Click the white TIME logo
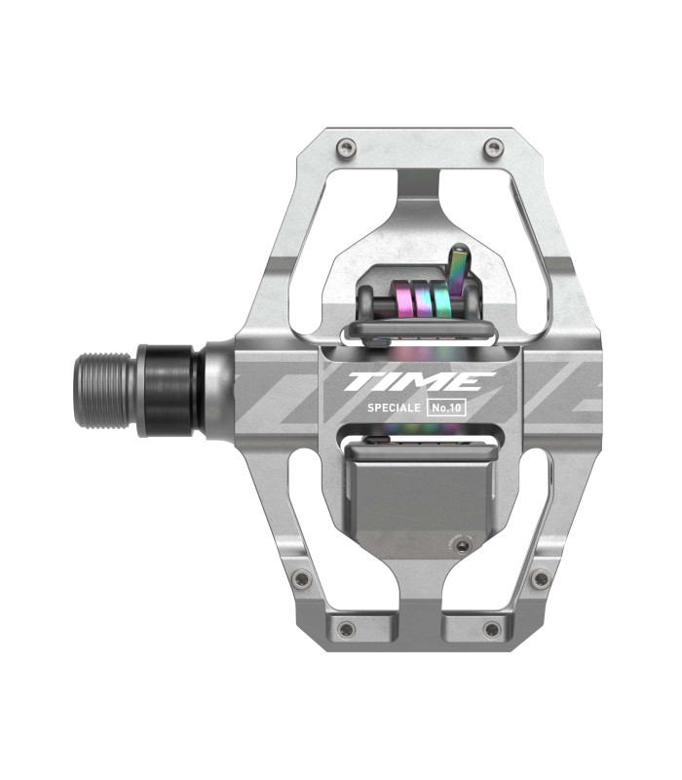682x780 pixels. click(420, 381)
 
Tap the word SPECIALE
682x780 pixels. click(394, 408)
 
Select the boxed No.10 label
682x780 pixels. click(446, 408)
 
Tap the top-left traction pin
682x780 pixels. click(346, 147)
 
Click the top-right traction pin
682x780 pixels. click(494, 147)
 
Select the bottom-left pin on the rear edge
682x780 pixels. click(346, 629)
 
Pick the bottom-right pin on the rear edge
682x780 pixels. click(492, 629)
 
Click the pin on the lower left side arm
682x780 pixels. click(301, 578)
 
